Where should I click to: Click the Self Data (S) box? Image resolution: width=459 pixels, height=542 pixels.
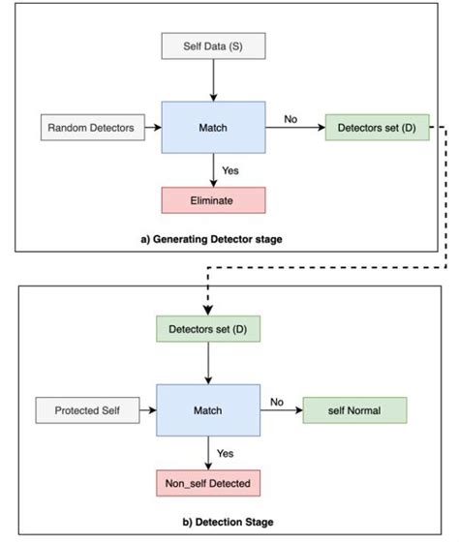pos(211,45)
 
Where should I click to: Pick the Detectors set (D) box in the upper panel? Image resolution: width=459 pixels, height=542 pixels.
pos(377,127)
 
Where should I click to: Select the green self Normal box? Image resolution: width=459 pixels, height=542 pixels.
pos(354,410)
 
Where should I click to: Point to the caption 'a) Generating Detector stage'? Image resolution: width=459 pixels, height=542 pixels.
pos(211,237)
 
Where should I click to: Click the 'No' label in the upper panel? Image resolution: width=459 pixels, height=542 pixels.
pos(290,118)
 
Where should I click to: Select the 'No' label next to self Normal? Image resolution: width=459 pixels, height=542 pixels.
pos(275,401)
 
